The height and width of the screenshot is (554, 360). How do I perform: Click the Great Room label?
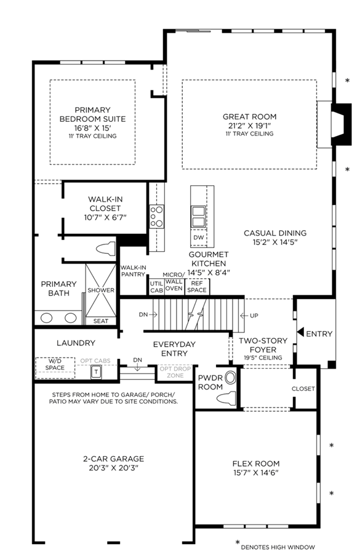249,116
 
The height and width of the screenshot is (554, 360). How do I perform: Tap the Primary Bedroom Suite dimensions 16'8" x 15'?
92,128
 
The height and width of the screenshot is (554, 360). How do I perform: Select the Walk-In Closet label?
105,204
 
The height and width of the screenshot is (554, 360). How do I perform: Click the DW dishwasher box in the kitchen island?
199,238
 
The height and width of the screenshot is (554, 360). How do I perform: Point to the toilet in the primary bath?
106,249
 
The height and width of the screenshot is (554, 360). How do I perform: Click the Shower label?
101,290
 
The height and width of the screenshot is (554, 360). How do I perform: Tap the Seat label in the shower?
101,321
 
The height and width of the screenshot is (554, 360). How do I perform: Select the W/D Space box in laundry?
55,368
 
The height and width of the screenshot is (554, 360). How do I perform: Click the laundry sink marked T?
96,372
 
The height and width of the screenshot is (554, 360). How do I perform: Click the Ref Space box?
197,286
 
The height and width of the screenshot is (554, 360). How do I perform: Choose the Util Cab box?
156,286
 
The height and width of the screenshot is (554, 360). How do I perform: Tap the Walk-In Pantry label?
133,271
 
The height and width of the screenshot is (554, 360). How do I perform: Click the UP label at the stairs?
254,316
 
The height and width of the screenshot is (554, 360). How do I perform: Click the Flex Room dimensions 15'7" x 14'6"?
256,473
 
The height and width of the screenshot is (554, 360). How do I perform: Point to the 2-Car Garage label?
114,459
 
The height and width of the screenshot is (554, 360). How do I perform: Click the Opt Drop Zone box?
175,372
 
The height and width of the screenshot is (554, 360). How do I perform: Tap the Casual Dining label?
275,233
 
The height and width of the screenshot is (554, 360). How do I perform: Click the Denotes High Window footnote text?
278,547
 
